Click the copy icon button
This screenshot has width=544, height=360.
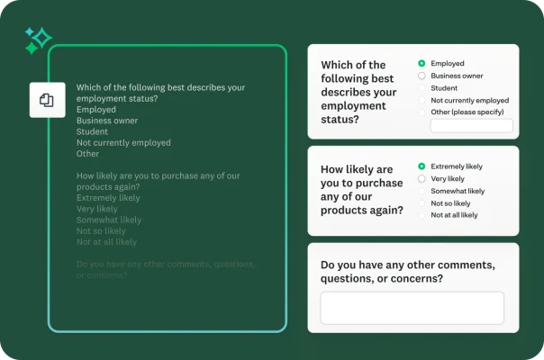(x=47, y=100)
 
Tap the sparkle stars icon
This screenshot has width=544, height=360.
(x=38, y=40)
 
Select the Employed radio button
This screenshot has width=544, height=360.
(x=422, y=64)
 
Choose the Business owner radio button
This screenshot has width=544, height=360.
(x=422, y=76)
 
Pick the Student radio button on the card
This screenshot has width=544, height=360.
(x=422, y=88)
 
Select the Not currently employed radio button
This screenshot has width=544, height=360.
(x=422, y=101)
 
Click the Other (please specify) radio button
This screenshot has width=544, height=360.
(x=422, y=112)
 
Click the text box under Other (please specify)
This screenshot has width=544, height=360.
(x=471, y=127)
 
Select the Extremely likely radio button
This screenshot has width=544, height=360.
(x=422, y=166)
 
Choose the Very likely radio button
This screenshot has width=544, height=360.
(x=422, y=179)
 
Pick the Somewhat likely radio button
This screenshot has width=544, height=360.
(x=422, y=191)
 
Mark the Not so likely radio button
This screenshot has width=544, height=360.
(x=422, y=203)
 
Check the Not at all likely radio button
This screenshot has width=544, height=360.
(x=422, y=215)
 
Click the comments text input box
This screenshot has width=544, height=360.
(x=412, y=308)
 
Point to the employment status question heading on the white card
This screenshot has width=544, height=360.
(x=358, y=92)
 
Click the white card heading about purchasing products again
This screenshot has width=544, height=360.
(x=362, y=190)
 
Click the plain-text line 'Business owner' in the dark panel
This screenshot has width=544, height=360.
(x=107, y=121)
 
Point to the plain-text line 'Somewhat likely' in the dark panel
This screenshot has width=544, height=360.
(x=109, y=220)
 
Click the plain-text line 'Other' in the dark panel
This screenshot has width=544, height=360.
(x=88, y=154)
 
